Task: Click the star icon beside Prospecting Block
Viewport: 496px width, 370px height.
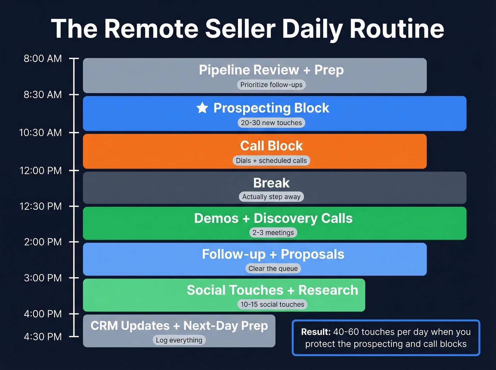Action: tap(202, 108)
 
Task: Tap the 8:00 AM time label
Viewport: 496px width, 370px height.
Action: tap(43, 59)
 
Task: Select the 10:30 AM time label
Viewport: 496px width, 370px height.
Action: tap(40, 133)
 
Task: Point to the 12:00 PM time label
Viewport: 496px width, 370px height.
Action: tap(40, 171)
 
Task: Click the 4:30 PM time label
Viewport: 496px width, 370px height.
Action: tap(43, 337)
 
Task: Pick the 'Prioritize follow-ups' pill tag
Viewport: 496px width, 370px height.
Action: tap(271, 85)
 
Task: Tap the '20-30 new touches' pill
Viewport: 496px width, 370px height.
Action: tap(271, 123)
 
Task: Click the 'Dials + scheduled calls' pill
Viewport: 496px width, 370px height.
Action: tap(271, 161)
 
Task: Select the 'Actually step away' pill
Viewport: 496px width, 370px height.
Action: tap(271, 197)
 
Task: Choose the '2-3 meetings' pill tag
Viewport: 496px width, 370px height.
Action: tap(273, 233)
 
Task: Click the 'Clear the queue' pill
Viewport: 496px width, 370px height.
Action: tap(273, 269)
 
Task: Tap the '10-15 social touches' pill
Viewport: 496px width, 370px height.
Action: tap(272, 304)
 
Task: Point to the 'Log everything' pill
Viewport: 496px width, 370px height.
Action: tap(179, 340)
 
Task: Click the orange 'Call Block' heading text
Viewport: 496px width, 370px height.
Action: tap(271, 146)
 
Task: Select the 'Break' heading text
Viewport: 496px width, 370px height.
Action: tap(271, 183)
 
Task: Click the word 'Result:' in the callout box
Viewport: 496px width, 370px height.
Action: tap(316, 332)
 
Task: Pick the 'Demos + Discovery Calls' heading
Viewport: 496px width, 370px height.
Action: tap(273, 218)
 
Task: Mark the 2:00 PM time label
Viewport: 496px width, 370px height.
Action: tap(43, 242)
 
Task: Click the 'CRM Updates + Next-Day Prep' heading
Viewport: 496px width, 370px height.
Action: tap(179, 326)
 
